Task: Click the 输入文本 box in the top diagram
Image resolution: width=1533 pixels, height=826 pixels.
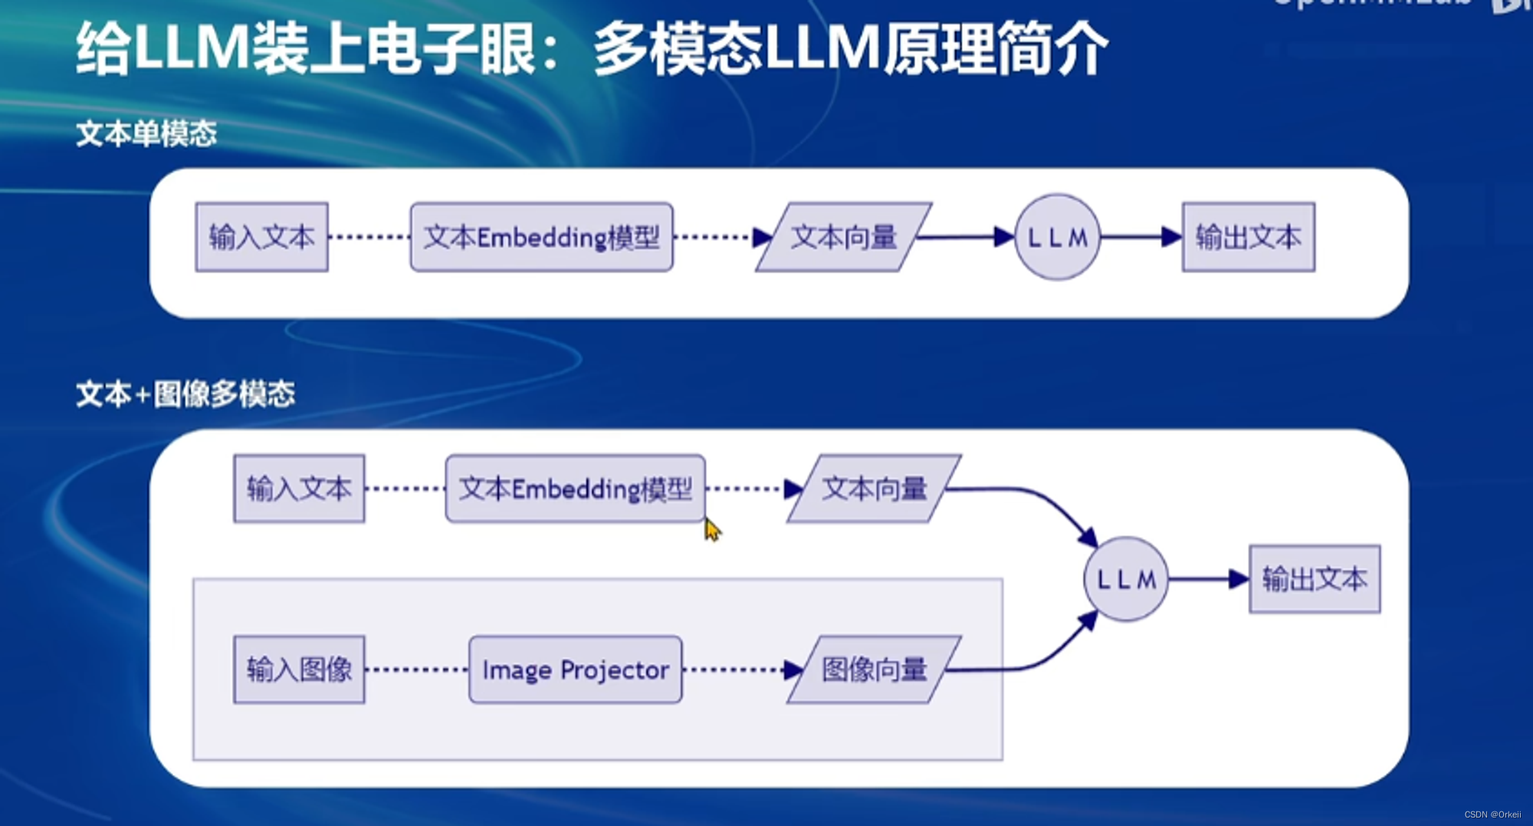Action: coord(261,237)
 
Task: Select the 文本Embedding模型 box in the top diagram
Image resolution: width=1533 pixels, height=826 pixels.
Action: coord(541,237)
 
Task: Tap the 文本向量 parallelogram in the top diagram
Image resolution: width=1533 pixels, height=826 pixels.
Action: coord(843,237)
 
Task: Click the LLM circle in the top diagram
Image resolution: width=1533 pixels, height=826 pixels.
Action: coord(1057,237)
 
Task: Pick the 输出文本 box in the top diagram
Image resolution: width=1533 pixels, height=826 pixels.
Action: coord(1248,237)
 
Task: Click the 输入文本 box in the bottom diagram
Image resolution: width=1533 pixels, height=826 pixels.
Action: coord(299,489)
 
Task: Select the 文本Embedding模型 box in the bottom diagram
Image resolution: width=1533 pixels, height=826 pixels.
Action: coord(575,489)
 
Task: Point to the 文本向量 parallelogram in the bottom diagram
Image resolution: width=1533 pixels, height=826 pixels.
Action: coord(874,489)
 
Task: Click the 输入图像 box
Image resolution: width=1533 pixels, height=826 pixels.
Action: coord(299,670)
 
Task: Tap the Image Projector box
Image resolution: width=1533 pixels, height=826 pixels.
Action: coord(575,670)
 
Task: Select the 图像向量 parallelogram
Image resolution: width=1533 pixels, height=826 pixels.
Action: coord(874,670)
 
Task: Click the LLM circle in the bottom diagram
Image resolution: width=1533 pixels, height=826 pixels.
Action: coord(1125,579)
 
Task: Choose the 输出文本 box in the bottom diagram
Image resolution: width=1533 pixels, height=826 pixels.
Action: coord(1315,579)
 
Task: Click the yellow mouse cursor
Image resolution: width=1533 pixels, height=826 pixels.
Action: coord(712,530)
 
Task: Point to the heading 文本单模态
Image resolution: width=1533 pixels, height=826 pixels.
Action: coord(146,134)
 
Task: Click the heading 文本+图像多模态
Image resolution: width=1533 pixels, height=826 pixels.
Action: coord(185,394)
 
